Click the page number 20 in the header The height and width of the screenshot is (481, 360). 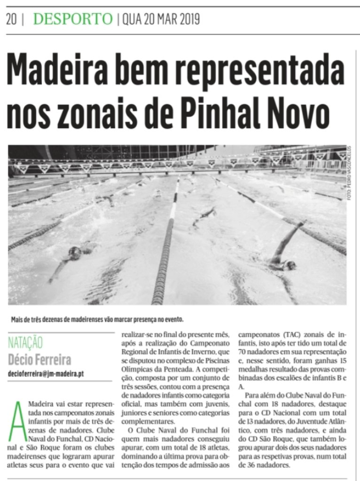click(x=11, y=19)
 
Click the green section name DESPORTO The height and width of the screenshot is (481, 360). click(x=73, y=19)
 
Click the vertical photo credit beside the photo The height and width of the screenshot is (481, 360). click(x=350, y=173)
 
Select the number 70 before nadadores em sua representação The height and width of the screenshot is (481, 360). click(x=243, y=352)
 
